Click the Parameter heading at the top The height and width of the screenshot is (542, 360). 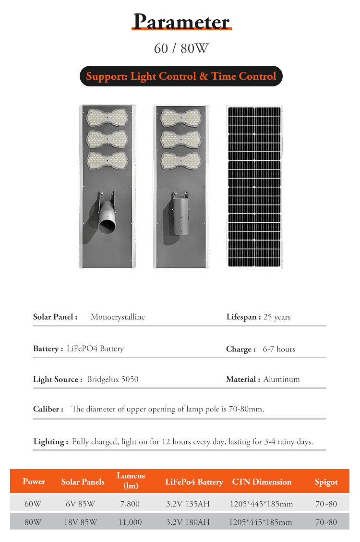[x=181, y=22]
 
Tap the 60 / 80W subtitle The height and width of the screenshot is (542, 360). [x=181, y=48]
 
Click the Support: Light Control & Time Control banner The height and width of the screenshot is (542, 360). [x=181, y=76]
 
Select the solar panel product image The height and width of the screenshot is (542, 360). [x=254, y=187]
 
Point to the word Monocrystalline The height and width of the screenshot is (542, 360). [x=118, y=317]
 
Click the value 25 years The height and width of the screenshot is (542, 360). [x=277, y=317]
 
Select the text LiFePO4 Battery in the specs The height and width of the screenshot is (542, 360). [x=95, y=349]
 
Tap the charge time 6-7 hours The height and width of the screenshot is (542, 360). [x=279, y=349]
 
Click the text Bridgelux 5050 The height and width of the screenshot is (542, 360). [x=112, y=379]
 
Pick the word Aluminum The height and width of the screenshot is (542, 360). [x=281, y=379]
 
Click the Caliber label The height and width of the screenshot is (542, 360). [x=48, y=410]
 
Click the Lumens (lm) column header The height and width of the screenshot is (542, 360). [x=131, y=481]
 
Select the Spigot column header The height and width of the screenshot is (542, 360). [x=326, y=482]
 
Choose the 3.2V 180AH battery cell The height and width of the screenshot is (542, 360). [x=188, y=522]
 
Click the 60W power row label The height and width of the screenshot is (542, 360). [x=33, y=505]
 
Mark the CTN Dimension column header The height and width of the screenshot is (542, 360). [x=262, y=482]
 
